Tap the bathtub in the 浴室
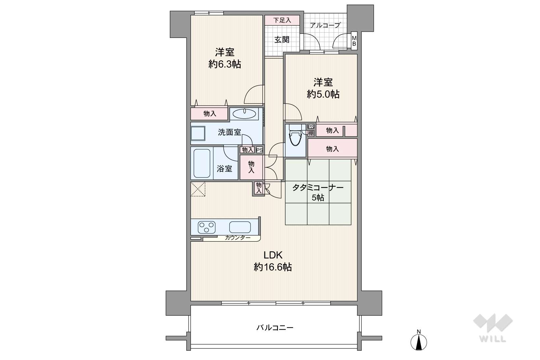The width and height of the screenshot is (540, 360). [x=202, y=163]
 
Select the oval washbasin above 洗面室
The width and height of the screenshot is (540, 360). [x=245, y=113]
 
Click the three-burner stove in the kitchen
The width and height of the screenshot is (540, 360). [x=207, y=227]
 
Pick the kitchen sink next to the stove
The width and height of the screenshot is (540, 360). [x=240, y=227]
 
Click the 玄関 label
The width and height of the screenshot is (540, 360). [x=282, y=40]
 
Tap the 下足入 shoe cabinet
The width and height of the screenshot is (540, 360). [x=282, y=20]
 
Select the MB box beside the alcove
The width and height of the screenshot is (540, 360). [x=354, y=41]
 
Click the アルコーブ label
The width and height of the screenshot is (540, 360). [x=325, y=25]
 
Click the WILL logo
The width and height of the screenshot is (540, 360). [x=493, y=328]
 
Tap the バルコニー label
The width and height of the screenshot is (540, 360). [x=275, y=328]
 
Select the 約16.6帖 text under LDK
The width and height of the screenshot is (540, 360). [x=273, y=267]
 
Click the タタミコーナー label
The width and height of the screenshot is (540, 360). [x=318, y=188]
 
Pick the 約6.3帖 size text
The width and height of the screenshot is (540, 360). [x=225, y=64]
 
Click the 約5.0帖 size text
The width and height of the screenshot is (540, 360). [x=323, y=94]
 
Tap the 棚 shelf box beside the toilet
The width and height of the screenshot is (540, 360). [x=311, y=133]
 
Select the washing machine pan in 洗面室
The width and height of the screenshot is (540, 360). [x=198, y=133]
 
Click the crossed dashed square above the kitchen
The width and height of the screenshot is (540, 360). [x=198, y=189]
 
